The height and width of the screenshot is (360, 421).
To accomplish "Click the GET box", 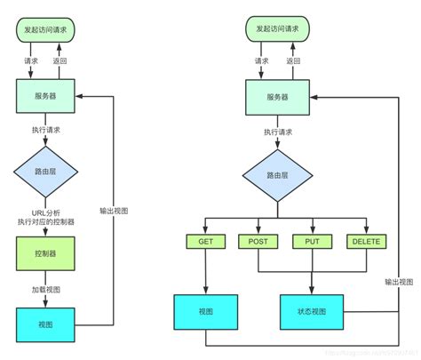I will point(205,242).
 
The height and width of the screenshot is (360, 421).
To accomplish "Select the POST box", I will point(258,242).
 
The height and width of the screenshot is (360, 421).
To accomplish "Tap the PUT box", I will point(311,242).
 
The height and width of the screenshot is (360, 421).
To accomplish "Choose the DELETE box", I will point(364,242).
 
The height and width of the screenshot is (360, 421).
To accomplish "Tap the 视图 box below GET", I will point(205,310).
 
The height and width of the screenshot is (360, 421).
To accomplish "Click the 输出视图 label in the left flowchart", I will point(114,211).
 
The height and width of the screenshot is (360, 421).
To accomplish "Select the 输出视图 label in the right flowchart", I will point(399,282).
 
